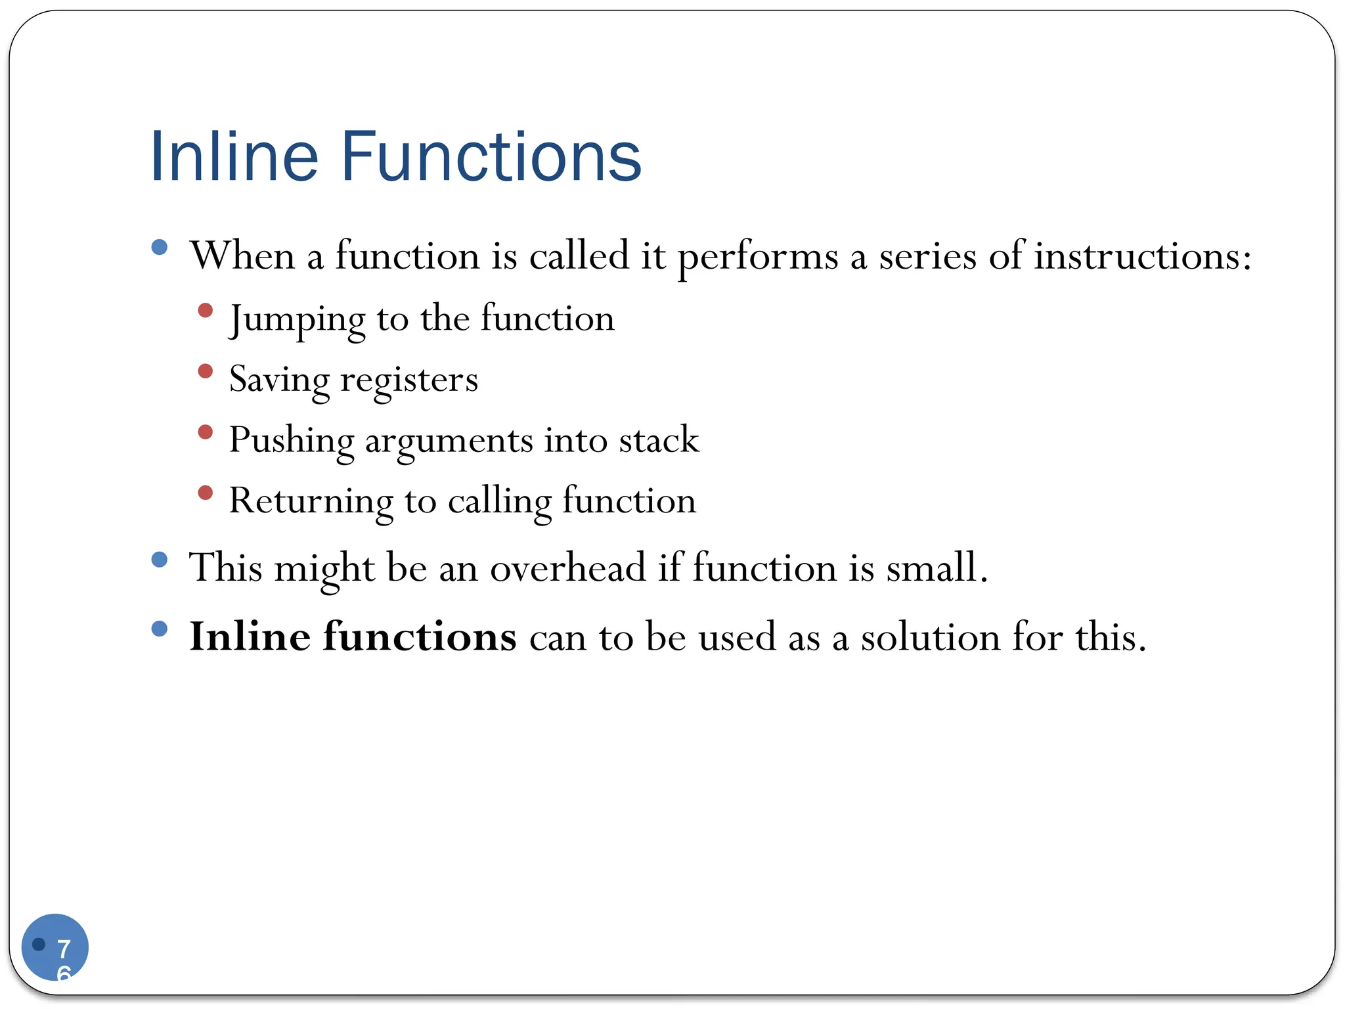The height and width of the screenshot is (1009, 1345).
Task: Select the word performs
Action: (758, 256)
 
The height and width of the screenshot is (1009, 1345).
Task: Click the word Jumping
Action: (297, 319)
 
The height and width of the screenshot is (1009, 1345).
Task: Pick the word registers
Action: (409, 380)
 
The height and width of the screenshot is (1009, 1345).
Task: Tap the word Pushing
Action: (291, 440)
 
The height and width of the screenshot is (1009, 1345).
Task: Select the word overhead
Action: (567, 567)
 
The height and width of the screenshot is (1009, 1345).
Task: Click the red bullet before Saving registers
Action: (206, 371)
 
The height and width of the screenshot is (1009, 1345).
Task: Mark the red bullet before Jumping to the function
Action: (206, 310)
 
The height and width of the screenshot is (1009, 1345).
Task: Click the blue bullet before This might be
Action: (159, 560)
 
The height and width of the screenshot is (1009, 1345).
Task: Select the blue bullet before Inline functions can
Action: (159, 629)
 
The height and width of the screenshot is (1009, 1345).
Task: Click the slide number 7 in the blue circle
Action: (64, 949)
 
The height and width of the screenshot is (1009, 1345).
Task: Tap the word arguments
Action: (449, 440)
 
